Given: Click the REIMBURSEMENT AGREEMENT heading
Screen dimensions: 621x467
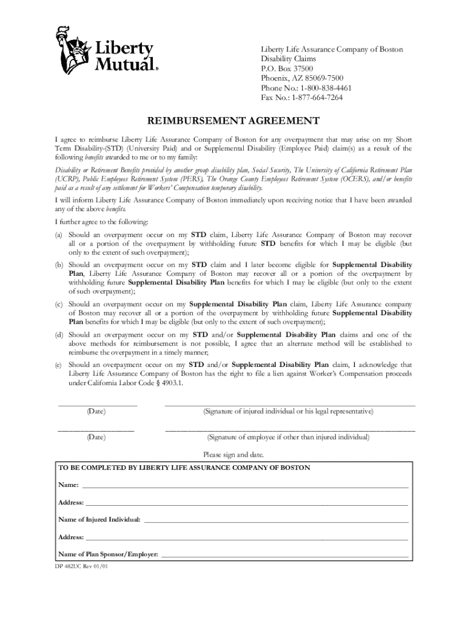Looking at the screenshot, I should pos(233,121).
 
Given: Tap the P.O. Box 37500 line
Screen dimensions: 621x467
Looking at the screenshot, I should pos(287,69).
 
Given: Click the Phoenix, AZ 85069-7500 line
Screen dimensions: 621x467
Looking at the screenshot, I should pos(302,78).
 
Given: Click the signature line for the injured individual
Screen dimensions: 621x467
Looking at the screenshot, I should pos(290,404).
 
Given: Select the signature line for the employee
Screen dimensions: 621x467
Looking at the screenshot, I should pos(290,429).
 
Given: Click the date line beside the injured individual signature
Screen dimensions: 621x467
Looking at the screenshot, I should pos(97,404).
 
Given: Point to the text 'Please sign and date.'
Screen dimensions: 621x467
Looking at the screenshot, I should pos(233,455).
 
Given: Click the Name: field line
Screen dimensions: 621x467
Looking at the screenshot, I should pos(245,487).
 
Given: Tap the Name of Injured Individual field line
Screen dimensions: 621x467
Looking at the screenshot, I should pos(276,521).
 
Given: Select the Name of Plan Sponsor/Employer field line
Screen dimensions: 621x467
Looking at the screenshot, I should pos(284,555).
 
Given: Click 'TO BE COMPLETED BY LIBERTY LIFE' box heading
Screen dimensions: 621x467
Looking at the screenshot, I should pos(184,468).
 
